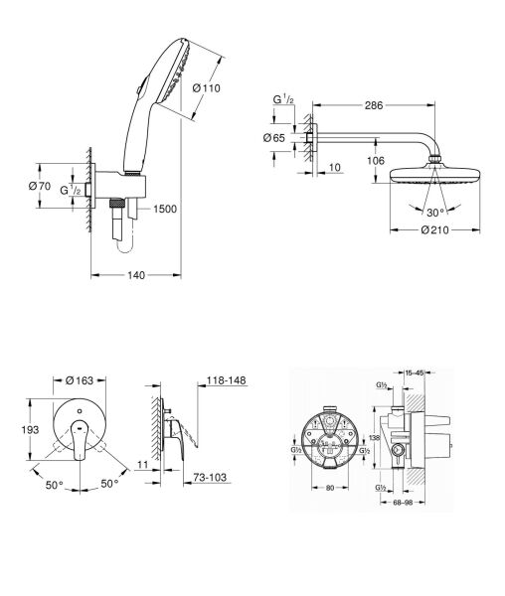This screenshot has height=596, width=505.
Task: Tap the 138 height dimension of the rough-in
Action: coord(372,437)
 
